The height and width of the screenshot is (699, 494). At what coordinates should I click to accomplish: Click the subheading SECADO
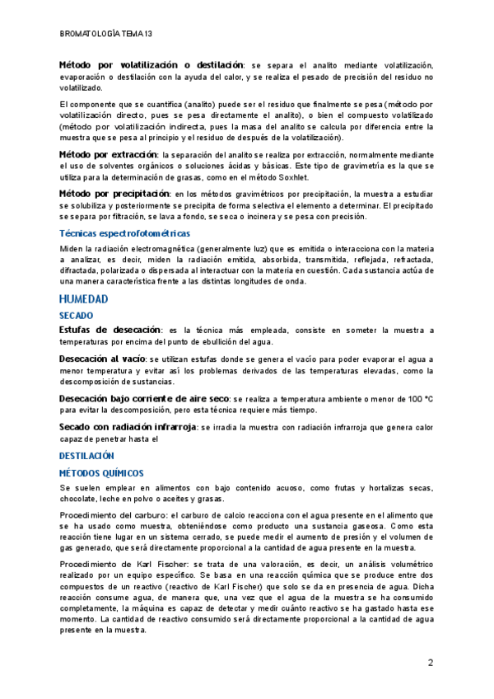(x=77, y=316)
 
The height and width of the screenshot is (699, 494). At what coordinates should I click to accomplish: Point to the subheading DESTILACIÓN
(x=86, y=456)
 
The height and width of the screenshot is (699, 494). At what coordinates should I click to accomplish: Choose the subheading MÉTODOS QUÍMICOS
(x=101, y=473)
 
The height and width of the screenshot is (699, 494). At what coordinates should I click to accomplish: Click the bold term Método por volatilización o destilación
(x=151, y=64)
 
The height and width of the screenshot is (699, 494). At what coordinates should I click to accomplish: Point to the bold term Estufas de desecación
(x=110, y=330)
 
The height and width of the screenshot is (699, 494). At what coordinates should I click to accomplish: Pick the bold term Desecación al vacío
(x=102, y=359)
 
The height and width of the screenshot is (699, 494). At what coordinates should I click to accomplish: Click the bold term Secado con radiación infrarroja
(x=128, y=427)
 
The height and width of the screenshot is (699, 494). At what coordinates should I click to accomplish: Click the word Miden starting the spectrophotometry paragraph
(x=72, y=249)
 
